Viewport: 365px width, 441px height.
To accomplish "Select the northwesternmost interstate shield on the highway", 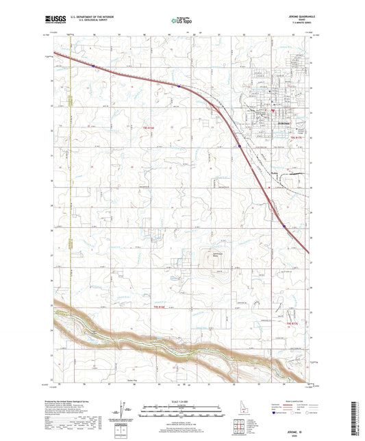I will tap(92, 66).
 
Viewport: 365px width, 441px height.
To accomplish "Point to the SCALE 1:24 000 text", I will tap(182, 401).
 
